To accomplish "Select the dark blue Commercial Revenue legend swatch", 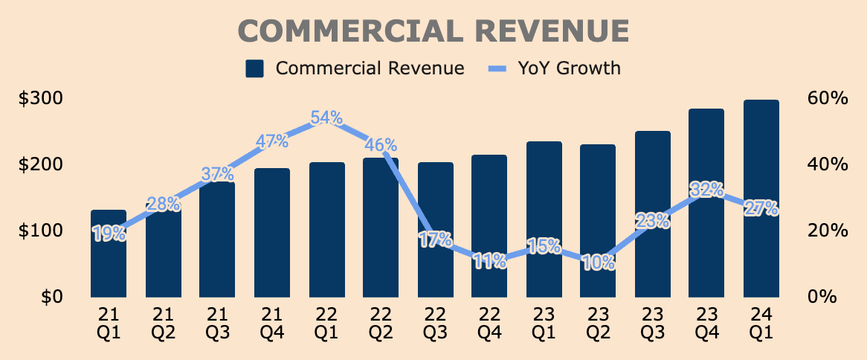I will tap(255, 69).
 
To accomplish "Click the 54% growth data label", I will tap(326, 118).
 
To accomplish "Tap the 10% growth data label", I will tap(599, 262).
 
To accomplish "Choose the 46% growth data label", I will tap(381, 145).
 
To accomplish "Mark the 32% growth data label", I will tap(706, 189).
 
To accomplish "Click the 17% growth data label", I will tap(435, 240).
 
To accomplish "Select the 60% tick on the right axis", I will tap(827, 98).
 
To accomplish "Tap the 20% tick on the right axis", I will tap(827, 231).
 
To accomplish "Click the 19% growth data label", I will tap(109, 234).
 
